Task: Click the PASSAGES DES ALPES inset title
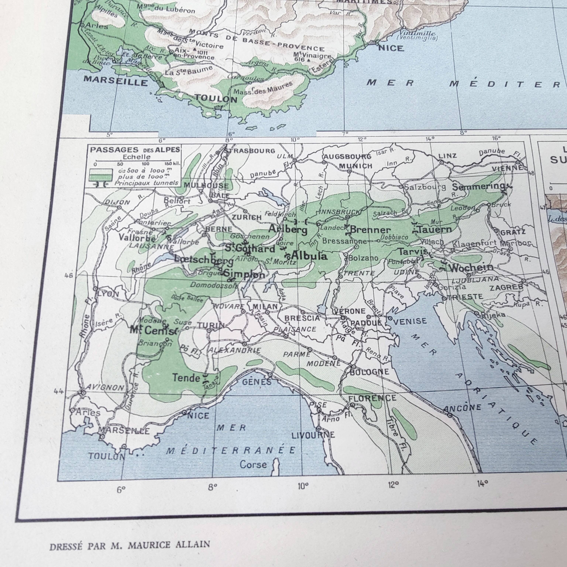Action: (135, 150)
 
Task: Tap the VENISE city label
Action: (410, 321)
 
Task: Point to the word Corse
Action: (253, 465)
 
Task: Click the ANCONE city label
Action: (462, 408)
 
